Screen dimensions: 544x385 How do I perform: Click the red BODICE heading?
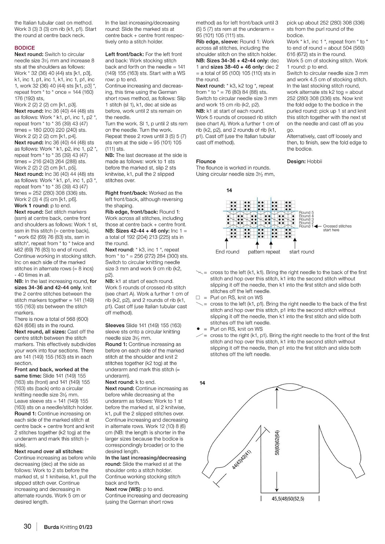pyautogui.click(x=25, y=48)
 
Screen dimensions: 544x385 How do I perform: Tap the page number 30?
pyautogui.click(x=27, y=526)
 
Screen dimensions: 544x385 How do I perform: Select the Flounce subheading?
pyautogui.click(x=206, y=161)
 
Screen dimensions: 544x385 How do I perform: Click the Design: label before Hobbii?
pyautogui.click(x=296, y=161)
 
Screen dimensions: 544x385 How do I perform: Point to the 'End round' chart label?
pyautogui.click(x=227, y=252)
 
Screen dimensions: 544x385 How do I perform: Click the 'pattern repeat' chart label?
pyautogui.click(x=264, y=252)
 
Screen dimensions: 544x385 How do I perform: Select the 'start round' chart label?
pyautogui.click(x=302, y=252)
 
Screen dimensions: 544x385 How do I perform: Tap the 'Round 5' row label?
pyautogui.click(x=306, y=212)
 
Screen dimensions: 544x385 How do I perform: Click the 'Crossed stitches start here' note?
pyautogui.click(x=337, y=228)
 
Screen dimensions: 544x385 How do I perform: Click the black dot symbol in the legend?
pyautogui.click(x=198, y=329)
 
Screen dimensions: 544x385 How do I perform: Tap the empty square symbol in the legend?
pyautogui.click(x=198, y=297)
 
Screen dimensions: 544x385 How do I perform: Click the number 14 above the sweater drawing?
pyautogui.click(x=202, y=383)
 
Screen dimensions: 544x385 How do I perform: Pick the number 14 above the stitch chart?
pyautogui.click(x=229, y=190)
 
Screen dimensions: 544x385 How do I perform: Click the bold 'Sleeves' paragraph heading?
pyautogui.click(x=115, y=325)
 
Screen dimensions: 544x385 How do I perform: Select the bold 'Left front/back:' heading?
pyautogui.click(x=124, y=54)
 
